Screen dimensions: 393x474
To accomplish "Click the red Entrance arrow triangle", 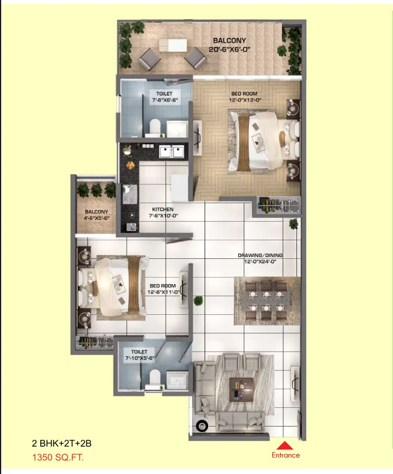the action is (284, 446).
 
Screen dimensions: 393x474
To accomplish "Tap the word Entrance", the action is (286, 455).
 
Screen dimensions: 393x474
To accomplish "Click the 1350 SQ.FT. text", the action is (58, 457).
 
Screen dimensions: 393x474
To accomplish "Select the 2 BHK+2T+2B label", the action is (62, 443).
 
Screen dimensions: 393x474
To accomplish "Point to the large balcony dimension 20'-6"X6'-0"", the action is (229, 49).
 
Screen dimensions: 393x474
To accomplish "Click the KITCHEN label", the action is (163, 209).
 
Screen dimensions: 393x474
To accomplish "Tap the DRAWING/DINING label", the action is (260, 255).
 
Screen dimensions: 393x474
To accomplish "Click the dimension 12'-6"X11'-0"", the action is (163, 292).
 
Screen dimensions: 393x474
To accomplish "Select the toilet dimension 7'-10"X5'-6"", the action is (140, 358).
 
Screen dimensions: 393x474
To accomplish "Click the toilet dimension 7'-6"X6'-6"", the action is (164, 100).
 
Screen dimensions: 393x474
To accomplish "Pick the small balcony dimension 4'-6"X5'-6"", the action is (96, 218).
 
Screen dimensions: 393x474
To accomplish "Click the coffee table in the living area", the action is (241, 389).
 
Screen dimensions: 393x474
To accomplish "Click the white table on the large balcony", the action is (173, 46).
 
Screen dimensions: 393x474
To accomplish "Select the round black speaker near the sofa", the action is (202, 425).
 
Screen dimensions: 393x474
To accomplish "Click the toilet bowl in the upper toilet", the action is (155, 126).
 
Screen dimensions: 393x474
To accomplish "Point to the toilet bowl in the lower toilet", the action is (155, 377).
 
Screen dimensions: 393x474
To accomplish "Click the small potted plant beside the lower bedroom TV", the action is (199, 300).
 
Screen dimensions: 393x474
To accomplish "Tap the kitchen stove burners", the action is (130, 194).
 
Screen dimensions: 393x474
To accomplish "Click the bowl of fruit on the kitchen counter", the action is (130, 165).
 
